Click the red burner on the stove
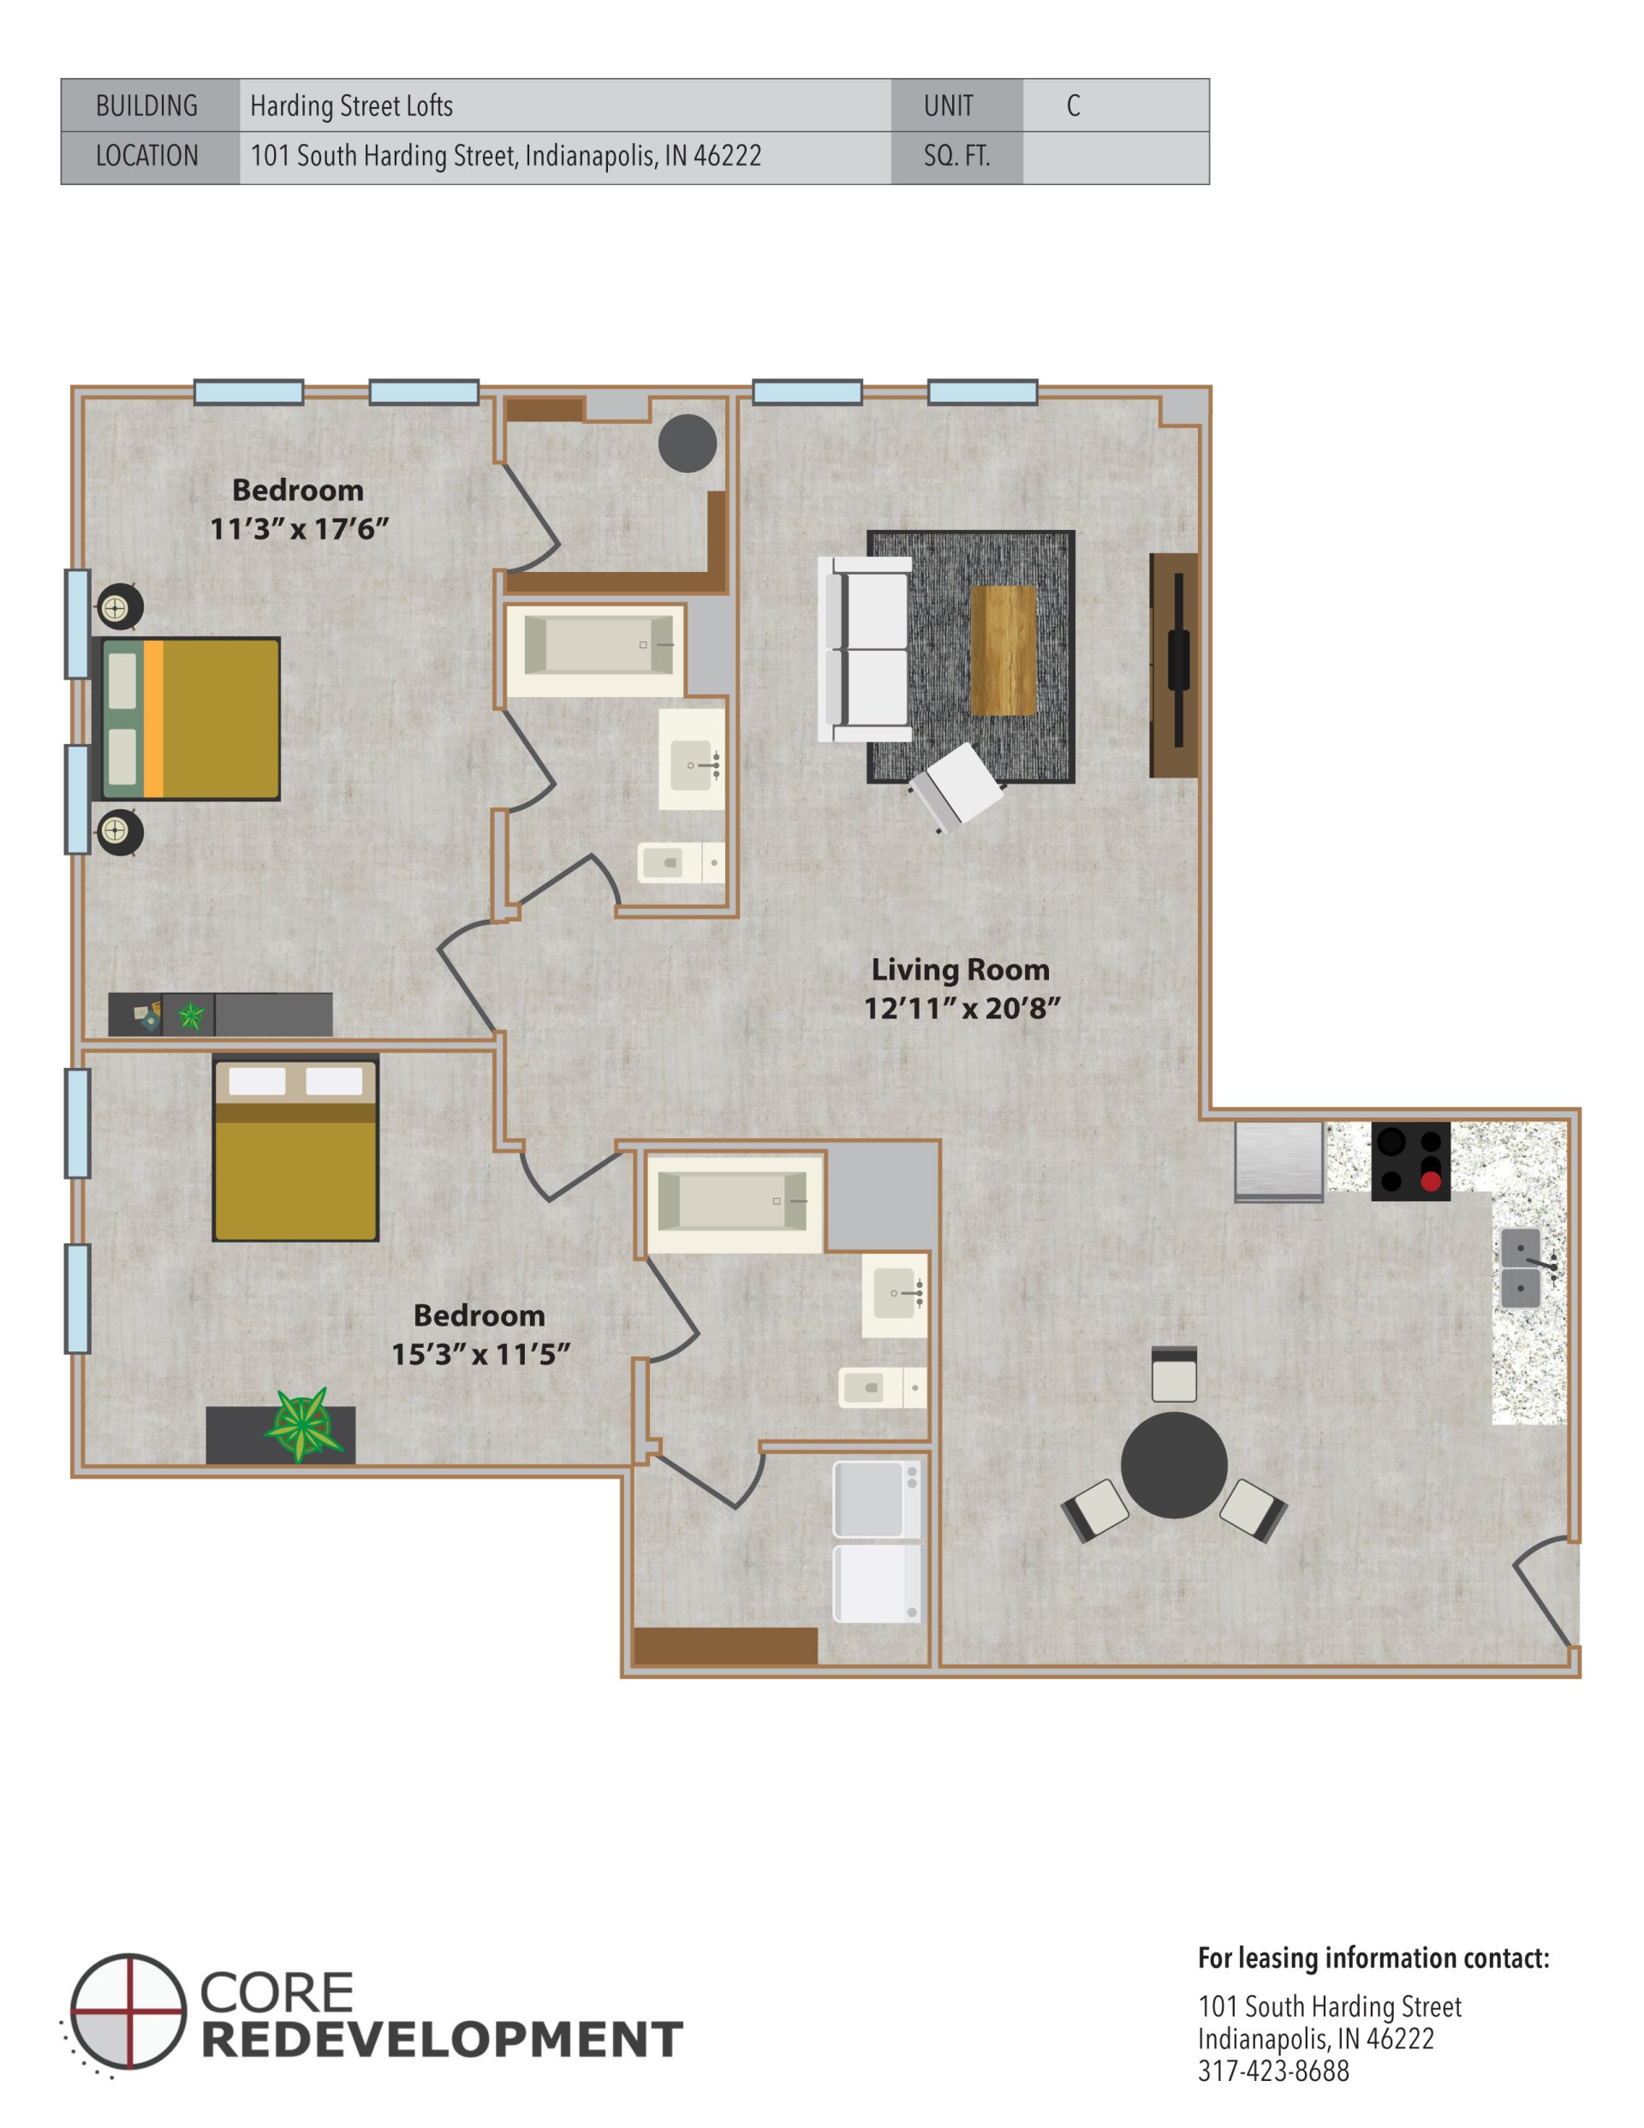pyautogui.click(x=1430, y=1181)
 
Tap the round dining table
pyautogui.click(x=1173, y=1464)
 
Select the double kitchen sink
pyautogui.click(x=1520, y=1267)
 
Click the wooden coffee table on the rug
pyautogui.click(x=1003, y=650)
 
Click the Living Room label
pyautogui.click(x=960, y=969)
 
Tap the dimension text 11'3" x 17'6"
pyautogui.click(x=299, y=529)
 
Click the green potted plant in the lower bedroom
pyautogui.click(x=303, y=1424)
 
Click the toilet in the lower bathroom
pyautogui.click(x=873, y=1387)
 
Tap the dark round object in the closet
pyautogui.click(x=687, y=444)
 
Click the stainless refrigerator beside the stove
pyautogui.click(x=1278, y=1159)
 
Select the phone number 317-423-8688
pyautogui.click(x=1272, y=2071)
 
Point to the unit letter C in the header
pyautogui.click(x=1073, y=105)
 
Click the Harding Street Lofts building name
pyautogui.click(x=351, y=105)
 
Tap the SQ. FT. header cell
pyautogui.click(x=956, y=156)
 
